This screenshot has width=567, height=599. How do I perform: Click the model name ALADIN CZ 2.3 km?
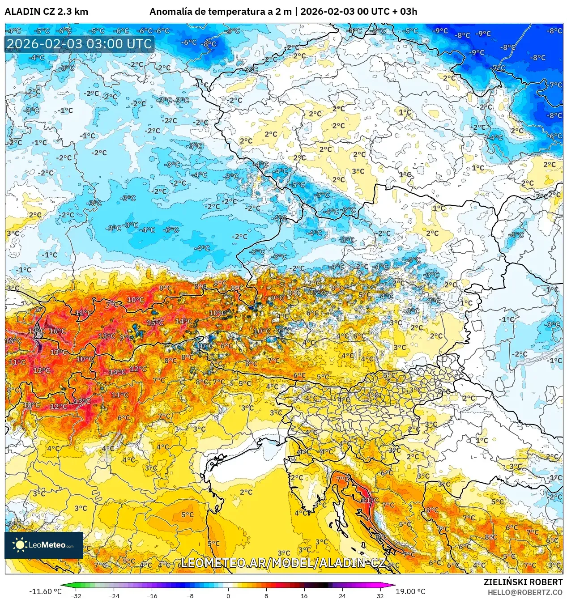click(x=47, y=12)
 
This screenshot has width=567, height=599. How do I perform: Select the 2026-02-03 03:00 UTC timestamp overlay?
click(x=79, y=44)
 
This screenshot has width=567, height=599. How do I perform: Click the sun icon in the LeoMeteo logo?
click(x=20, y=544)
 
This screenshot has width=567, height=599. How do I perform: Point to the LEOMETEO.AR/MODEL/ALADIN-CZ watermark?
click(x=283, y=563)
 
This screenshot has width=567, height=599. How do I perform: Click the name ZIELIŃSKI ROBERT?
click(x=523, y=582)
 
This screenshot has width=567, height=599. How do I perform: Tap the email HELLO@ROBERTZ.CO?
click(x=524, y=592)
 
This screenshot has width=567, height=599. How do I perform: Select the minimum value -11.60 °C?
click(x=45, y=591)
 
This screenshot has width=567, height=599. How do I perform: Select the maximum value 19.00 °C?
click(x=410, y=591)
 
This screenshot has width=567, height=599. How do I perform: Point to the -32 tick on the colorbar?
click(x=76, y=595)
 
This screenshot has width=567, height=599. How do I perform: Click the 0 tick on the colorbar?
click(x=228, y=595)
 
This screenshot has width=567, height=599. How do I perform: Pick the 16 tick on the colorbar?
click(x=304, y=595)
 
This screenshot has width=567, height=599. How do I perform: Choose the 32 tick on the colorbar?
click(x=380, y=595)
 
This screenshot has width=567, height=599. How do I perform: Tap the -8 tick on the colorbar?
click(x=190, y=595)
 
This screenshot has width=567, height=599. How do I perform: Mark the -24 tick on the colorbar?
click(x=114, y=595)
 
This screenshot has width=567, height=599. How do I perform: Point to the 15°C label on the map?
click(x=155, y=323)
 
